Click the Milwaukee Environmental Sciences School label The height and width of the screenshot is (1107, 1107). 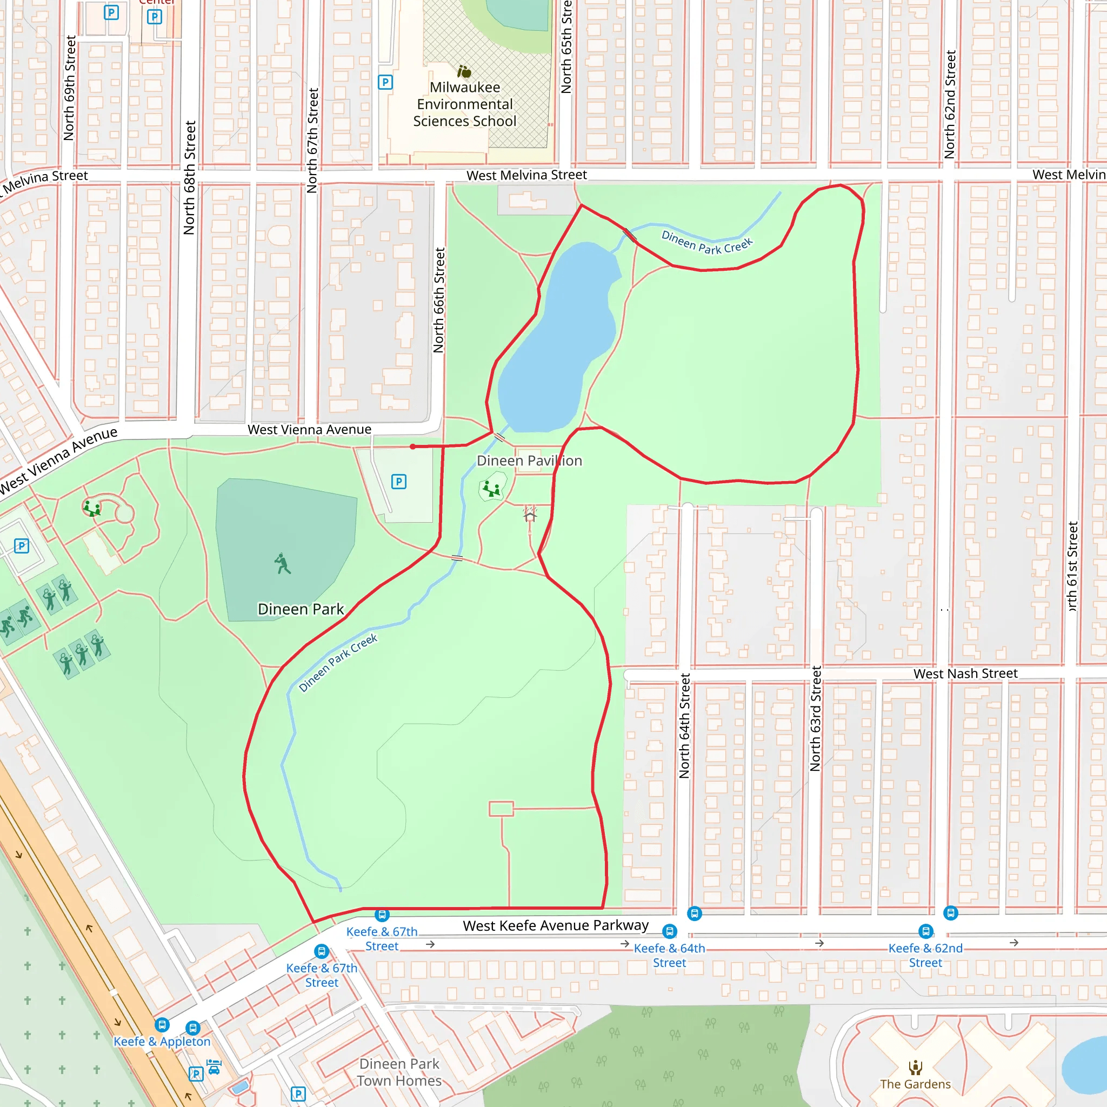click(465, 104)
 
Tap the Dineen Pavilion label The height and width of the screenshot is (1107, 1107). click(529, 461)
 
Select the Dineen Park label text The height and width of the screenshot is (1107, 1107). click(301, 609)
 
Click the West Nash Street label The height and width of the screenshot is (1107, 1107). click(965, 673)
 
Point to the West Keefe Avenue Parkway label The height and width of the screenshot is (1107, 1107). click(556, 925)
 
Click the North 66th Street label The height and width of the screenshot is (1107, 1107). click(439, 300)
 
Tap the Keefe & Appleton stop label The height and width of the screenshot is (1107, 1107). click(162, 1042)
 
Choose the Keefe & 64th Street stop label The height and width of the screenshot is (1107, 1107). click(669, 955)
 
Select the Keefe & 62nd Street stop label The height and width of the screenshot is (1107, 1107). click(925, 955)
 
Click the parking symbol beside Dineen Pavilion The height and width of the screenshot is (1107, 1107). click(399, 481)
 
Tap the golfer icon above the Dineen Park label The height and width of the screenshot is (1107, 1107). click(283, 564)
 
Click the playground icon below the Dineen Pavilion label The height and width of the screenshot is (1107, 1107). click(492, 489)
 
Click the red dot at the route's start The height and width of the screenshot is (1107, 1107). click(412, 446)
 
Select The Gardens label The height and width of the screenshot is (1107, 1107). click(915, 1084)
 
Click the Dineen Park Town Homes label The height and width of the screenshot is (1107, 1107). click(399, 1072)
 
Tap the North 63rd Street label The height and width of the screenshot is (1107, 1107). click(815, 718)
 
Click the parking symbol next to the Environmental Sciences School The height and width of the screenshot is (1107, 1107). click(385, 82)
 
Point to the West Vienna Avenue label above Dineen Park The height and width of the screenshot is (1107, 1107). click(309, 429)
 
